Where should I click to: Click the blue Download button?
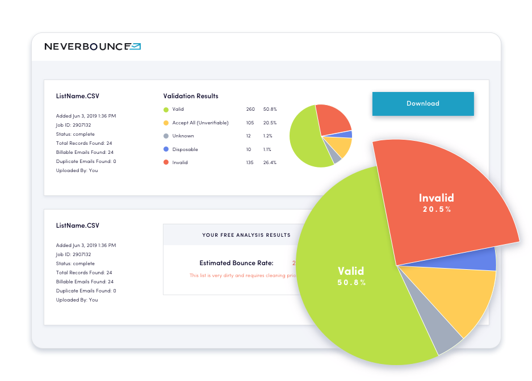pos(422,103)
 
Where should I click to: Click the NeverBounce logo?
pos(93,47)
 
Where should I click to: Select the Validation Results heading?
pos(191,96)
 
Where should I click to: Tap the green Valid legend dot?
pos(166,110)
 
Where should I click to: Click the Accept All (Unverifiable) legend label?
pos(200,123)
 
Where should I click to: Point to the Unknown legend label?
pos(183,136)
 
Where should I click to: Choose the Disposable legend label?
pos(185,149)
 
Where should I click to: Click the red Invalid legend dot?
pos(166,162)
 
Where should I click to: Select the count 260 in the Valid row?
pos(250,109)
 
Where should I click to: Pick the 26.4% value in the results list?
pos(270,162)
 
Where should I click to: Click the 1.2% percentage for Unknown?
pos(267,136)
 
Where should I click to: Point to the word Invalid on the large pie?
pos(436,198)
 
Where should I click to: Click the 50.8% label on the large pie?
pos(351,282)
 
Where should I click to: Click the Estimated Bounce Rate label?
pos(236,263)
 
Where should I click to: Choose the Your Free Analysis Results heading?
pos(246,235)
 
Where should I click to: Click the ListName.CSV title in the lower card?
pos(77,225)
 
